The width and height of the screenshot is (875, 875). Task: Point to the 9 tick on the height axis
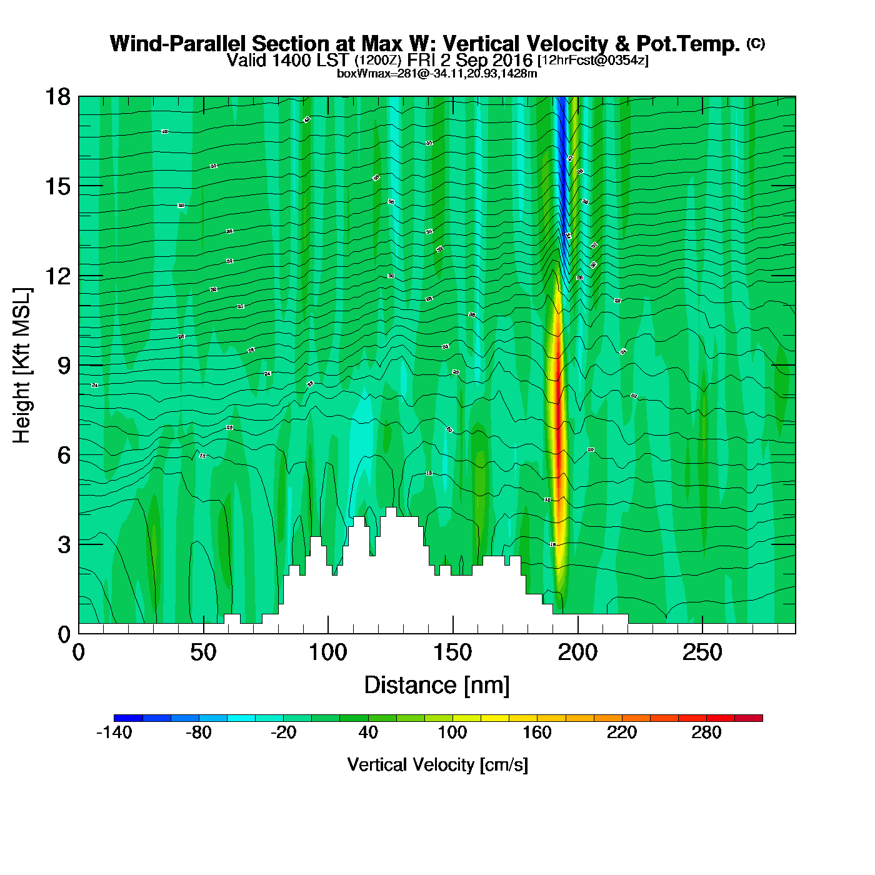[x=64, y=366]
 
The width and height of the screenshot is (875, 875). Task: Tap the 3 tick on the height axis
[x=64, y=544]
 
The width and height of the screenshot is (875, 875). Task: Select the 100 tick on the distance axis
[x=327, y=652]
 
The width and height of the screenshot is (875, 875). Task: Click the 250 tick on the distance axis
[x=702, y=652]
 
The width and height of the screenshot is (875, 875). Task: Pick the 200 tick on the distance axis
[x=577, y=652]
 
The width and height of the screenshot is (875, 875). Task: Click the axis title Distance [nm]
[x=437, y=685]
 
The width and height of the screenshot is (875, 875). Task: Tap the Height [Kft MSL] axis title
[x=22, y=366]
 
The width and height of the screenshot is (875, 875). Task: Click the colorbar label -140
[x=114, y=732]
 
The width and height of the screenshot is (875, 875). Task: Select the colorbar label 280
[x=706, y=732]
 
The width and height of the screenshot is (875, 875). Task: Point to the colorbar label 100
[x=452, y=732]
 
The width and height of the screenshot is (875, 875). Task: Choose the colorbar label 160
[x=537, y=732]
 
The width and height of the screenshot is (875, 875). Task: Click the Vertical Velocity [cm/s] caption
[x=437, y=764]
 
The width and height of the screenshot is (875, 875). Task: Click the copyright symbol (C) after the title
[x=755, y=43]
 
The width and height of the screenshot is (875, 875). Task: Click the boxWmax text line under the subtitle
[x=437, y=73]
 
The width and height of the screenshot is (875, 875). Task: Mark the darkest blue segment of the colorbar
[x=128, y=718]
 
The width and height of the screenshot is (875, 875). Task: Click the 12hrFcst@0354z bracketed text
[x=593, y=61]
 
